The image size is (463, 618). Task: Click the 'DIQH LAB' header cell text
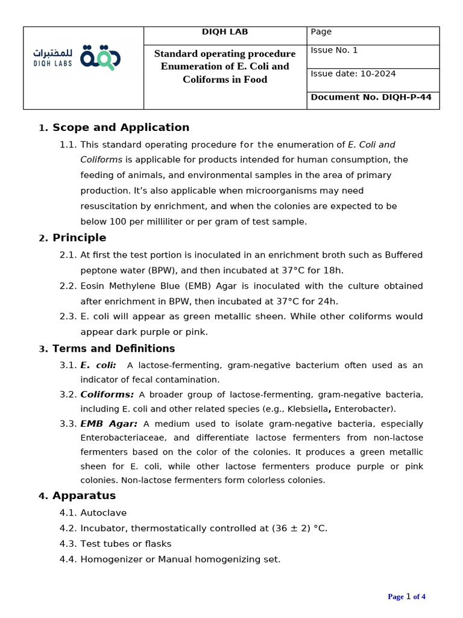point(225,32)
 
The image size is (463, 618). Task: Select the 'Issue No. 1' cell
point(334,50)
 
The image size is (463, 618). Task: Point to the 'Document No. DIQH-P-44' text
point(371,97)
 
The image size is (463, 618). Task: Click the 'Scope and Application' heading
point(121,127)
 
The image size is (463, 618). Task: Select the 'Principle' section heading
point(79,238)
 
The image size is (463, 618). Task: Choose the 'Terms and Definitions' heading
point(113,348)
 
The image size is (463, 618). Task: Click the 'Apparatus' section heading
point(84,495)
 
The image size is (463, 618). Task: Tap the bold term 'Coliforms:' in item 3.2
point(107,394)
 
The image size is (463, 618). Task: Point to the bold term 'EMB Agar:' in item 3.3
point(109,424)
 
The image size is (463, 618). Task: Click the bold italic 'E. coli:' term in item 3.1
point(98,365)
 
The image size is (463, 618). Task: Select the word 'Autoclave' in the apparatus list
point(104,513)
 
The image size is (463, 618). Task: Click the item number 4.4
point(68,559)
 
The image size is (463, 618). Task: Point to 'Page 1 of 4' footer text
point(406,597)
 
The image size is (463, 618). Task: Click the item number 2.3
point(68,316)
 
